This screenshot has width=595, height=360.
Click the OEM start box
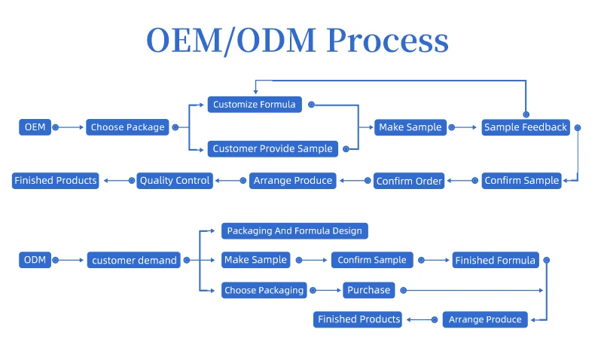pyautogui.click(x=35, y=127)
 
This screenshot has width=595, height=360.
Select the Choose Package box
pyautogui.click(x=127, y=127)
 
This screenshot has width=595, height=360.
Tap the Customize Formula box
pyautogui.click(x=255, y=104)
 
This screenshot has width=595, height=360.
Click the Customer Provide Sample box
pyautogui.click(x=272, y=148)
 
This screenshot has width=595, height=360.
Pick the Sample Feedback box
pyautogui.click(x=525, y=127)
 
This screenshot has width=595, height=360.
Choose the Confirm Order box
pyautogui.click(x=409, y=181)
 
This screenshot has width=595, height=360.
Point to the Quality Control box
pyautogui.click(x=175, y=181)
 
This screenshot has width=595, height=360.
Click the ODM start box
pyautogui.click(x=35, y=260)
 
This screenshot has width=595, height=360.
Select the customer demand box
pyautogui.click(x=134, y=261)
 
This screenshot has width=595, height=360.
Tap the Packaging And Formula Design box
pyautogui.click(x=294, y=230)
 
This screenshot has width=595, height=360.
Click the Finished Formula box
pyautogui.click(x=495, y=261)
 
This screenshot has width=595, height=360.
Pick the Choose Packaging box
pyautogui.click(x=264, y=290)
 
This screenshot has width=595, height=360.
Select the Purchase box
pyautogui.click(x=369, y=290)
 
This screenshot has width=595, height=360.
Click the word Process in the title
pyautogui.click(x=388, y=41)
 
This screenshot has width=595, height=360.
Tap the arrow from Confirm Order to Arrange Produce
pyautogui.click(x=353, y=181)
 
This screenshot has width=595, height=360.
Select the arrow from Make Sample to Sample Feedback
pyautogui.click(x=464, y=127)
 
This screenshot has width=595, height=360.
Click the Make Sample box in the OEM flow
pyautogui.click(x=410, y=127)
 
